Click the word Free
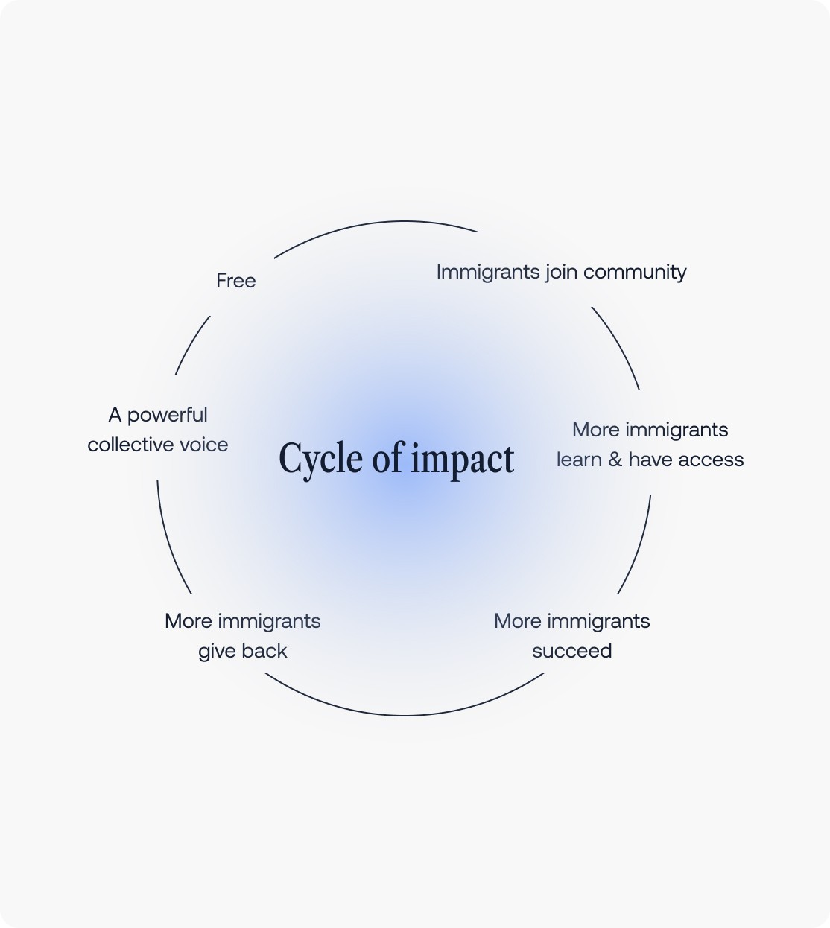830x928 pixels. pyautogui.click(x=235, y=281)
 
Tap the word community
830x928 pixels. pyautogui.click(x=635, y=273)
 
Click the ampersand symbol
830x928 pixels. pyautogui.click(x=615, y=460)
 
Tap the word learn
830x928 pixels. pyautogui.click(x=579, y=460)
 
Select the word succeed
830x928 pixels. pyautogui.click(x=571, y=651)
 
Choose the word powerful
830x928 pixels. pyautogui.click(x=168, y=416)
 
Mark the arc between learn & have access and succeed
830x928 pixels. pyautogui.click(x=638, y=548)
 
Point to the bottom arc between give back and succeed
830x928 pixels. pyautogui.click(x=404, y=715)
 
